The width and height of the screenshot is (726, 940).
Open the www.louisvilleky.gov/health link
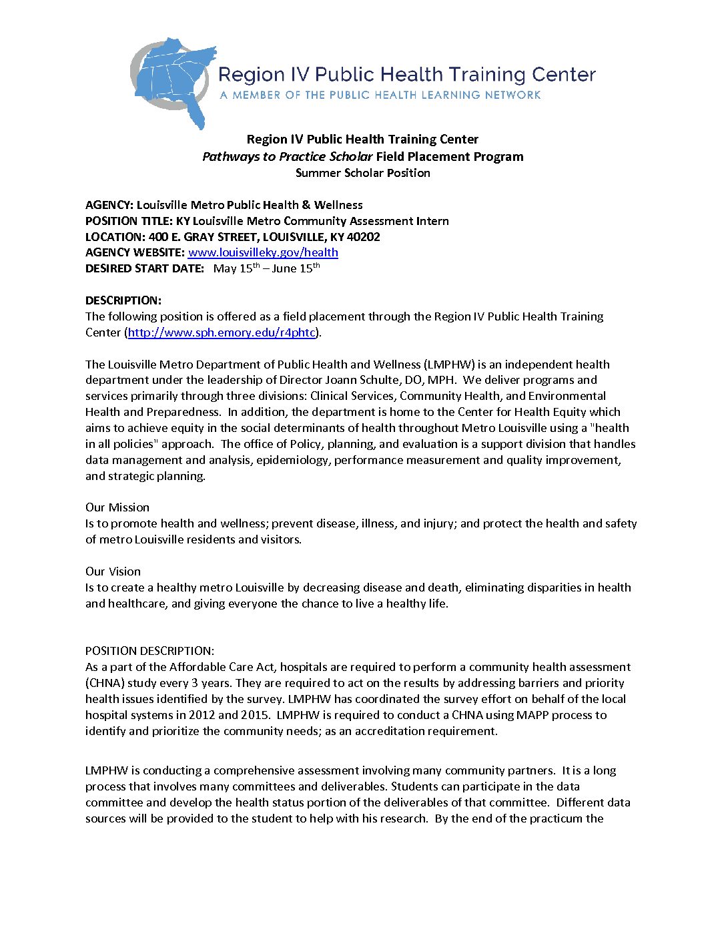pyautogui.click(x=263, y=252)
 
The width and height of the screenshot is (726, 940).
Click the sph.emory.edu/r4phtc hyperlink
pyautogui.click(x=222, y=332)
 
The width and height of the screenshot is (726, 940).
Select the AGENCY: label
pyautogui.click(x=109, y=205)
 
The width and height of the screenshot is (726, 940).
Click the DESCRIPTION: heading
pyautogui.click(x=123, y=300)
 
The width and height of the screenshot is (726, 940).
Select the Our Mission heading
pyautogui.click(x=117, y=507)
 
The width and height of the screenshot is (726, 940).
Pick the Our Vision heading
pyautogui.click(x=113, y=571)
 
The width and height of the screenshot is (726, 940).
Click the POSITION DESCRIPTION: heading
pyautogui.click(x=150, y=651)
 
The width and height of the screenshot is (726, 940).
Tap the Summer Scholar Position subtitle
pyautogui.click(x=363, y=173)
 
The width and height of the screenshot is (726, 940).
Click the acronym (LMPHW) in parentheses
pyautogui.click(x=449, y=365)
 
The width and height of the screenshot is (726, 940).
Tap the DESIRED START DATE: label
pyautogui.click(x=145, y=269)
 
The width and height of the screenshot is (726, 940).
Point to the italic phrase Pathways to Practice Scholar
pyautogui.click(x=288, y=157)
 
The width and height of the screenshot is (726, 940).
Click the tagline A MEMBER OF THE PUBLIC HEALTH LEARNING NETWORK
pyautogui.click(x=380, y=95)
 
